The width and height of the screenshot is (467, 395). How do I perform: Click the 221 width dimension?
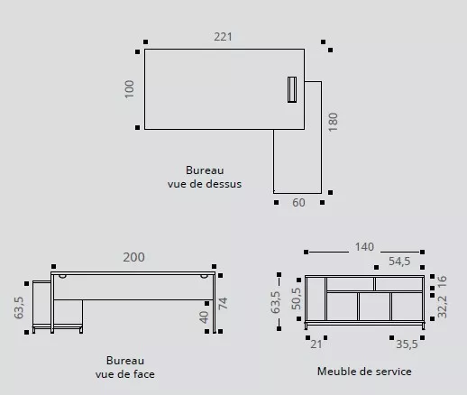(x=223, y=37)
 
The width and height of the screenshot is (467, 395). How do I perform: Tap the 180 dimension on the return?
(x=332, y=122)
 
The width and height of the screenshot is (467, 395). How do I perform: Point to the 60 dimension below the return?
(x=298, y=203)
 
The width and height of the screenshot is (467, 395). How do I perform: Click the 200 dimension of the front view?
(x=133, y=257)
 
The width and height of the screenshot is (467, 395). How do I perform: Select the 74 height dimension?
(x=224, y=303)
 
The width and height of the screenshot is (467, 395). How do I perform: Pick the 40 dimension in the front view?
(x=205, y=317)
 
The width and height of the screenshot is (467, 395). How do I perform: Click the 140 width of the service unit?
(x=364, y=247)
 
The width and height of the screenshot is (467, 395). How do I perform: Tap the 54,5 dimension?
(x=399, y=262)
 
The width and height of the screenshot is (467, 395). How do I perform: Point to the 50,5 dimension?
(x=295, y=300)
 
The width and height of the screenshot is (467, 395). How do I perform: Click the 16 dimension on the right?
(x=441, y=281)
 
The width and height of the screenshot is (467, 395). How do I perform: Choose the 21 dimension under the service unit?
(x=316, y=344)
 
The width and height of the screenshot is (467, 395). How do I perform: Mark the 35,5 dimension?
(x=407, y=344)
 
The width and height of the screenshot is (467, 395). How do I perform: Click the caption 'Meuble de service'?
(x=364, y=371)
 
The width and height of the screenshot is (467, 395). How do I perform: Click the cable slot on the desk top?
(x=291, y=89)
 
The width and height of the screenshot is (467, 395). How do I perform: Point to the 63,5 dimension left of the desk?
(x=19, y=308)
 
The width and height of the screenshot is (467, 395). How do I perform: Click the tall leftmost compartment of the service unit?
(x=316, y=299)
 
